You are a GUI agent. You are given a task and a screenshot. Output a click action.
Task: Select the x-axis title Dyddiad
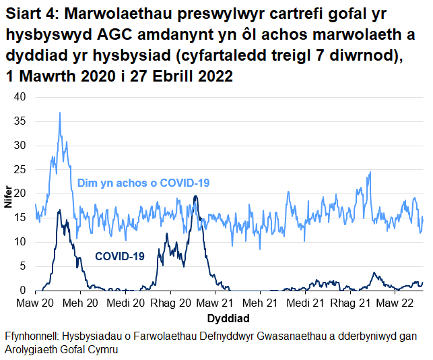point(230,318)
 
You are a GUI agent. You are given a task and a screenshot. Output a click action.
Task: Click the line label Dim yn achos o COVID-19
point(144,183)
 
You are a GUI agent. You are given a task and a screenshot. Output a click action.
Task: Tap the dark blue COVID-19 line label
point(120,256)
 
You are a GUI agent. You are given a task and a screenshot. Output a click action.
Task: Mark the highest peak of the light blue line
point(60,113)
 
